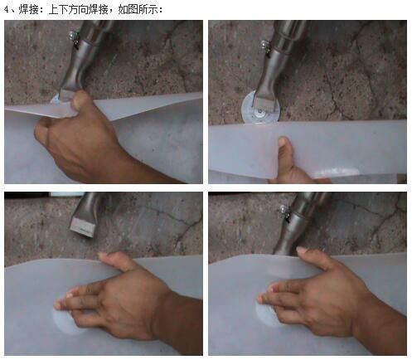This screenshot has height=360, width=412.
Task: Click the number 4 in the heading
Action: (7, 10)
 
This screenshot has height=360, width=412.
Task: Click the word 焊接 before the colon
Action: (28, 10)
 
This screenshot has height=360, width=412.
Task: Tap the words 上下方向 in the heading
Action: (68, 10)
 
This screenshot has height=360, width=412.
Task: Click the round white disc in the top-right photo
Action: (260, 108)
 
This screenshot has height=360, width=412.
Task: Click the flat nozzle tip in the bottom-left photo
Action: (83, 226)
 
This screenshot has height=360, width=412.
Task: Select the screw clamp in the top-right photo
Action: (265, 47)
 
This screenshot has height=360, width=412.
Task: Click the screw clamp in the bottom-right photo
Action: (284, 212)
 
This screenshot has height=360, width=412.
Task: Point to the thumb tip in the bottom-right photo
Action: (302, 251)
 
